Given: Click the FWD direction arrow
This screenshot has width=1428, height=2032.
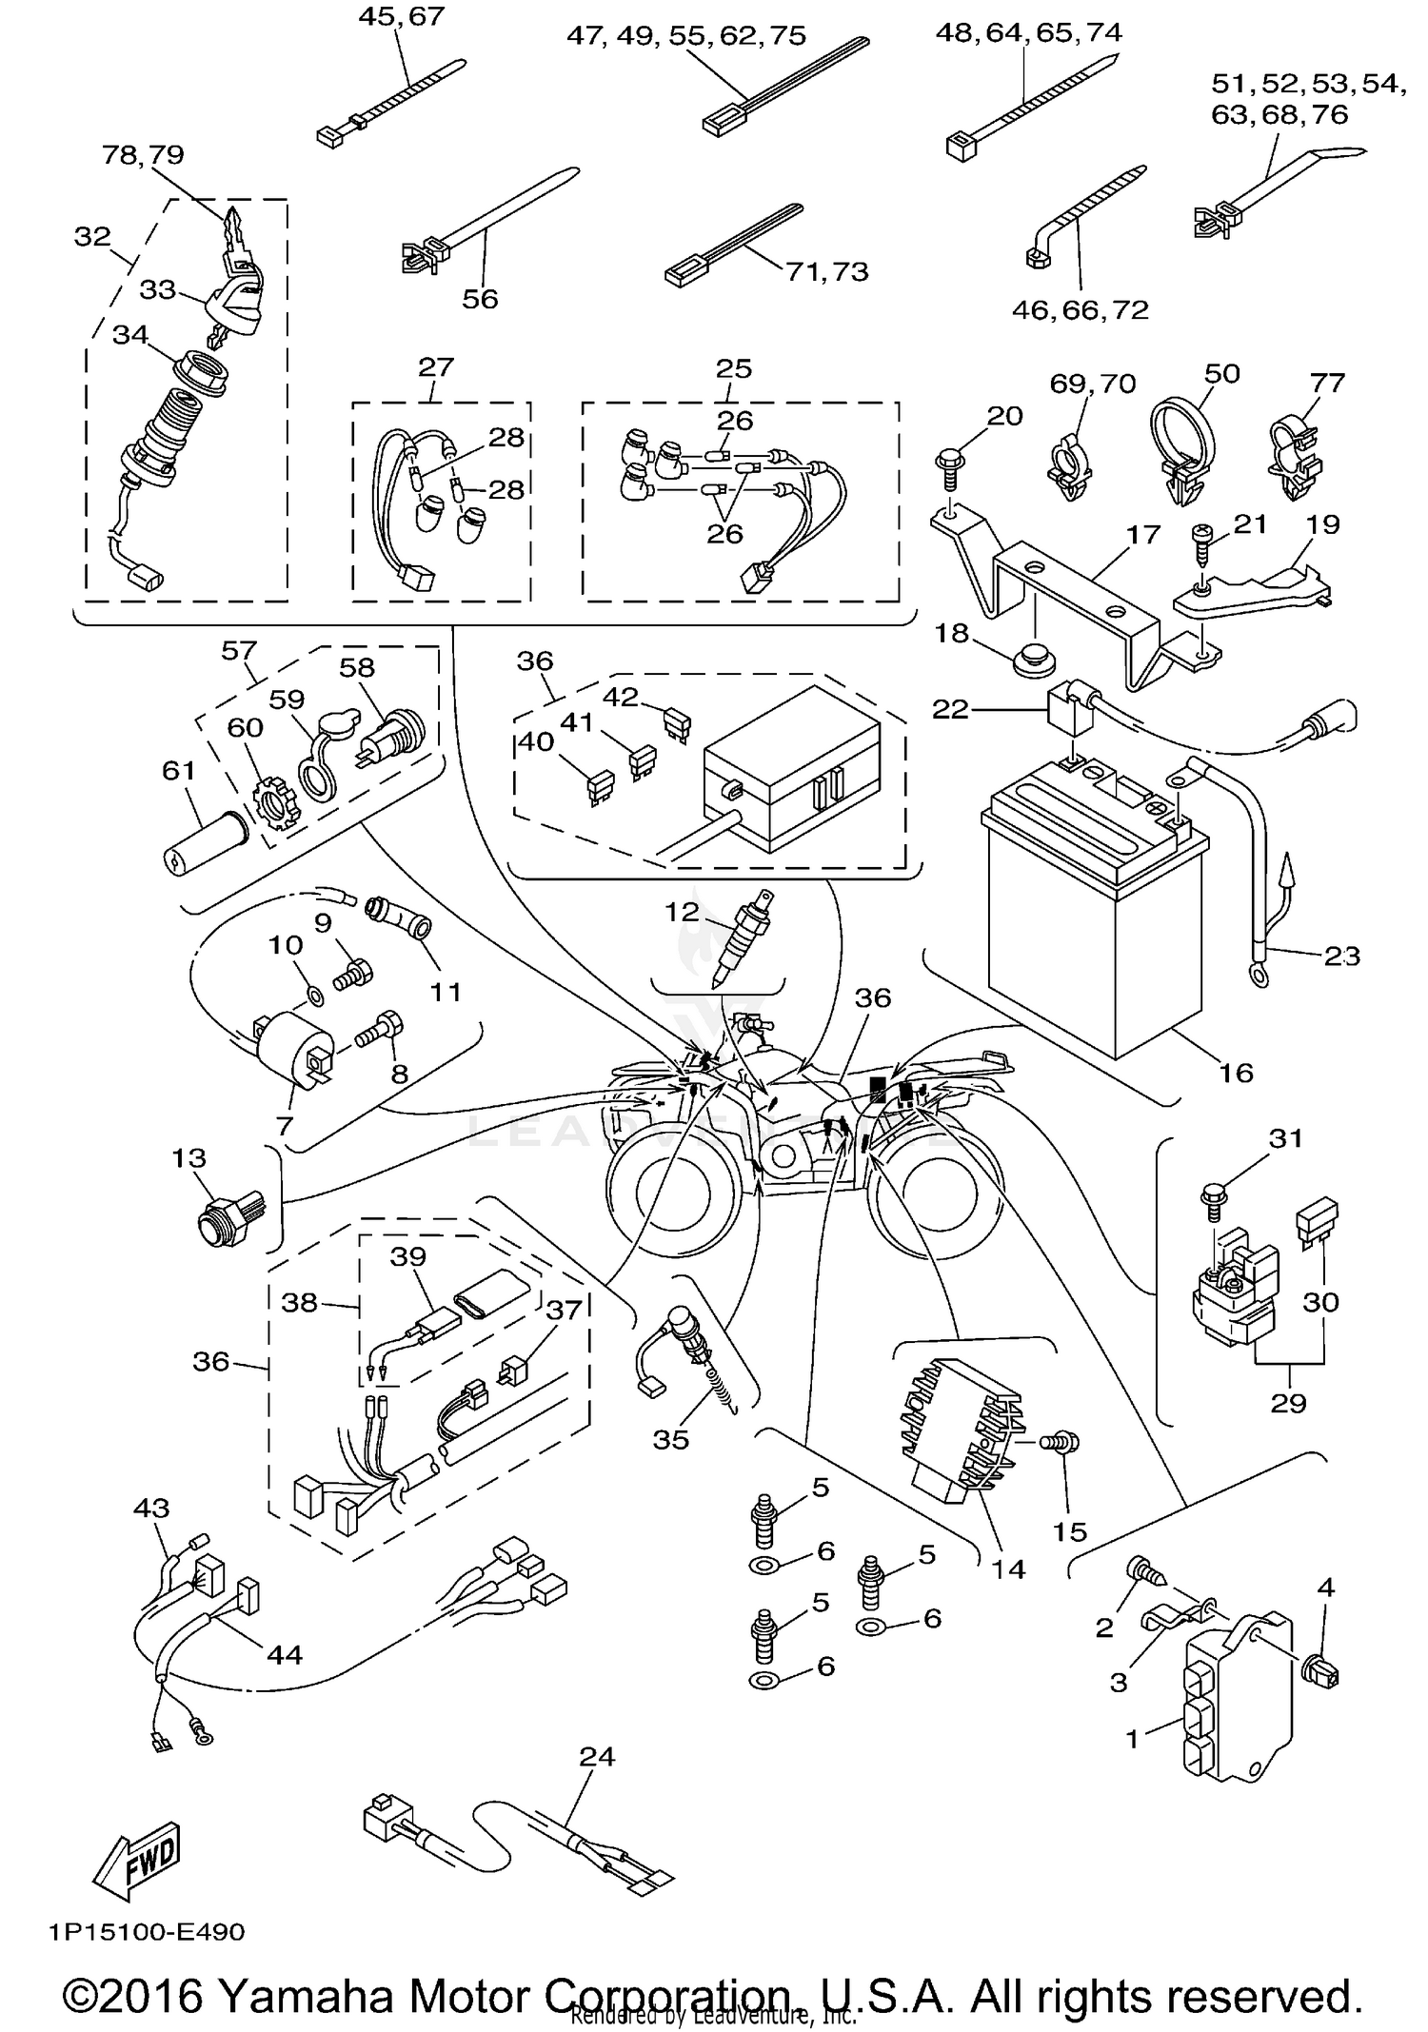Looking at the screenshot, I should coord(137,1855).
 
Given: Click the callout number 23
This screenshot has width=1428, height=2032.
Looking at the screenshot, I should coord(1342,955).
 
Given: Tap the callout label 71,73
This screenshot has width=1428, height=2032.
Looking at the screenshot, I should coord(826,272).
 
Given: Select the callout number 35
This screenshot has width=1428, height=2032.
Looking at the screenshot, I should coord(670,1439).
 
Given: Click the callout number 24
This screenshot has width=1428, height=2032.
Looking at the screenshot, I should coord(597,1756).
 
